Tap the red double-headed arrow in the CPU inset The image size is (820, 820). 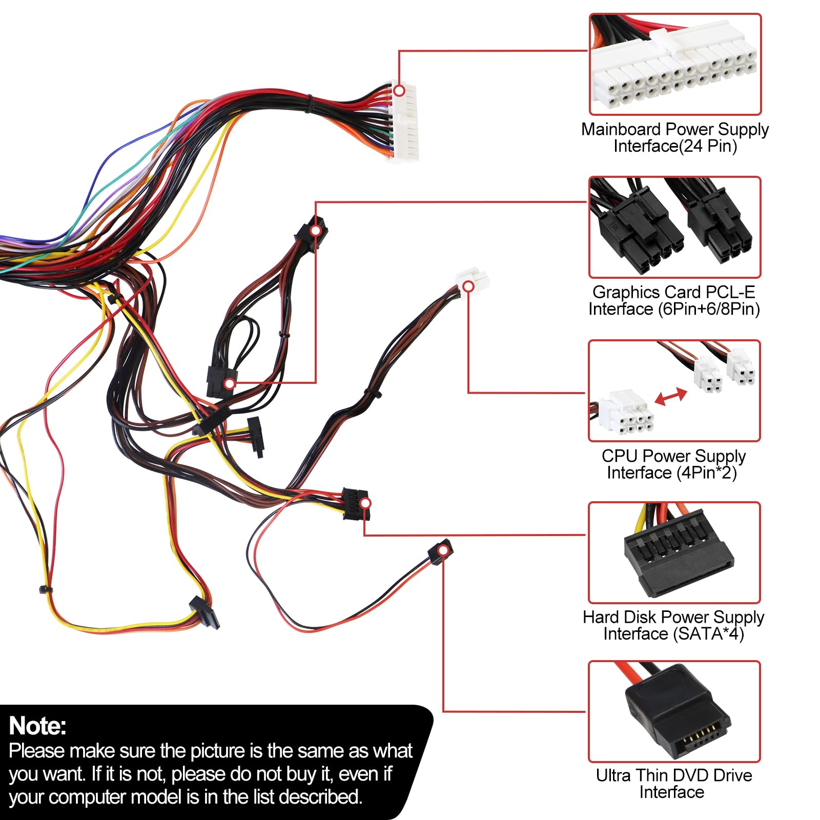click(x=671, y=396)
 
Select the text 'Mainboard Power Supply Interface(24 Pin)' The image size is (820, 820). click(x=674, y=137)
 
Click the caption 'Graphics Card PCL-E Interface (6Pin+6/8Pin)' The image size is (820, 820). click(x=674, y=300)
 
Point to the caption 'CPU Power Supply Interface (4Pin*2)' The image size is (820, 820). click(x=673, y=464)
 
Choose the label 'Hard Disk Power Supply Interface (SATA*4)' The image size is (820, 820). click(x=673, y=625)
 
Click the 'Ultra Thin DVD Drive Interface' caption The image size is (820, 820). click(x=673, y=783)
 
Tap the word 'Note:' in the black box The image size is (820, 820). click(x=38, y=726)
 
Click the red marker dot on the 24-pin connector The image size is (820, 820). click(x=399, y=91)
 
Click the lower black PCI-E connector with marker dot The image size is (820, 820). click(x=220, y=382)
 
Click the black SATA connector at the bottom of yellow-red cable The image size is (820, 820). click(x=204, y=612)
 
